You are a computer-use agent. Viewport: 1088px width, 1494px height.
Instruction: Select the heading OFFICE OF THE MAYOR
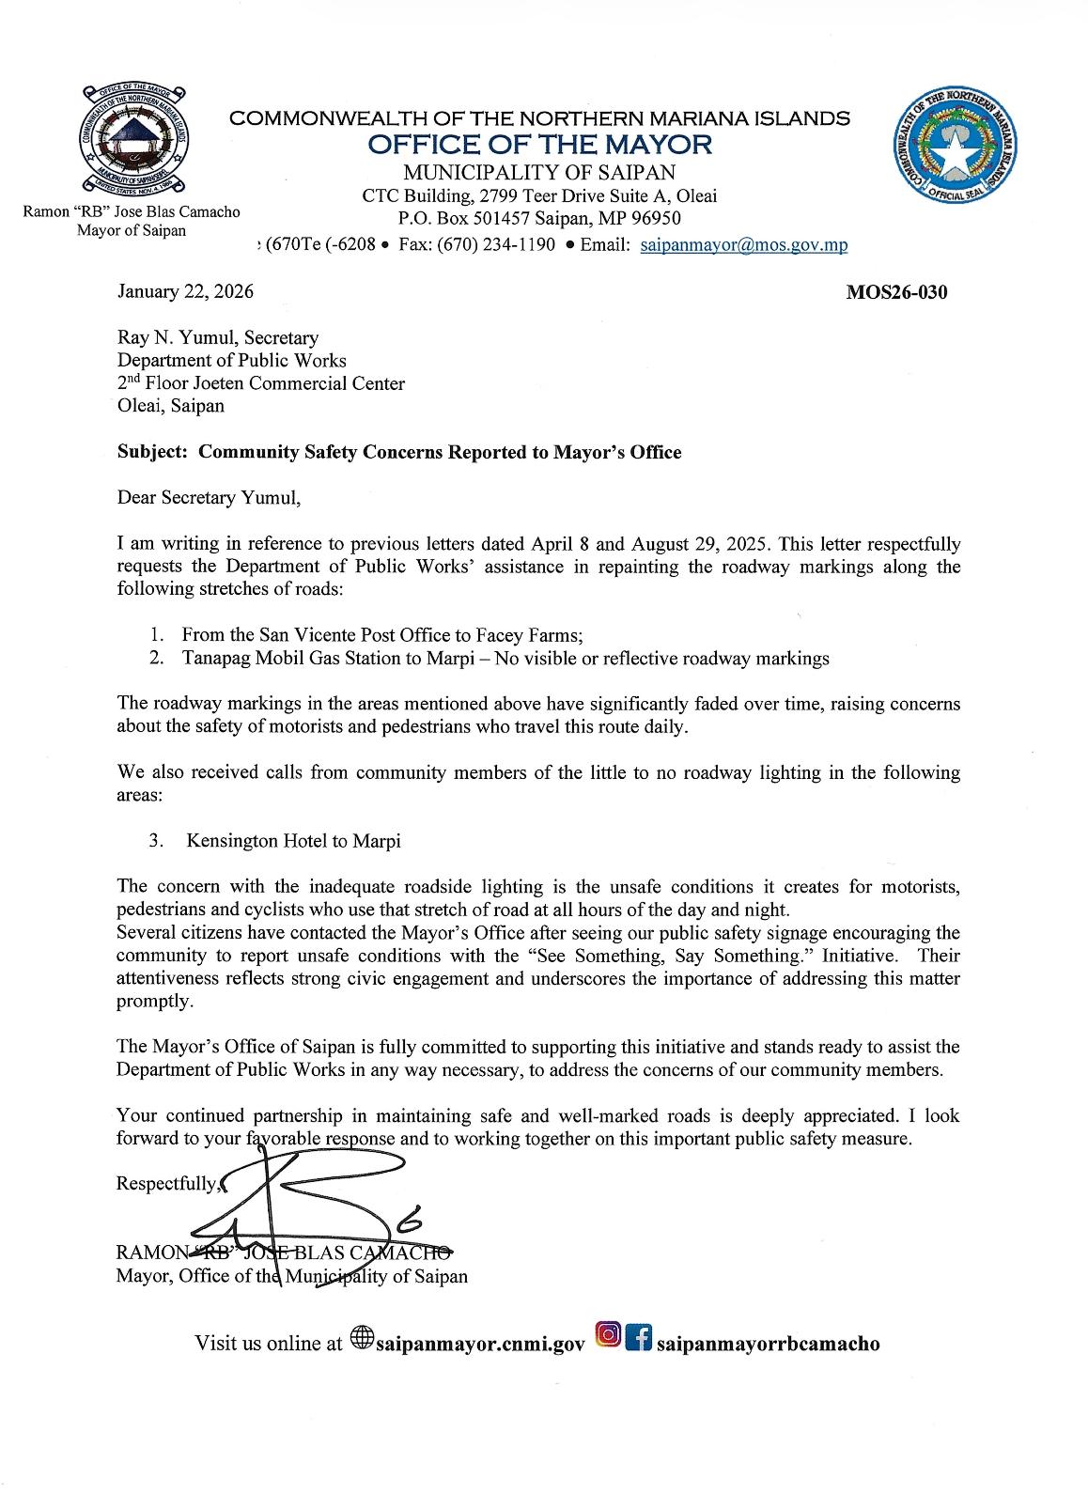click(x=540, y=145)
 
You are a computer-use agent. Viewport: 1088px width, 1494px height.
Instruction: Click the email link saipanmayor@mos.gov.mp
click(x=743, y=246)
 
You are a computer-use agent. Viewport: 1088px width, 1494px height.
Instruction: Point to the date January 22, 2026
click(x=185, y=292)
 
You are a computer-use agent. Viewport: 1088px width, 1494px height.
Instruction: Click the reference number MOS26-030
click(x=896, y=292)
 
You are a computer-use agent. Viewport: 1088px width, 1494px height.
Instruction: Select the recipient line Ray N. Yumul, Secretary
click(x=217, y=338)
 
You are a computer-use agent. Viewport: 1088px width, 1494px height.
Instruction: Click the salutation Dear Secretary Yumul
click(x=209, y=498)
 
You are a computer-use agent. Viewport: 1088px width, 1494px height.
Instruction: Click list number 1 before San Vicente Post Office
click(x=158, y=635)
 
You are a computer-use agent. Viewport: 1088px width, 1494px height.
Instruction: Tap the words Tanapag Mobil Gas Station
click(x=292, y=659)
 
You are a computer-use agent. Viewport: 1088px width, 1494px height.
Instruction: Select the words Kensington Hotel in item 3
click(x=252, y=841)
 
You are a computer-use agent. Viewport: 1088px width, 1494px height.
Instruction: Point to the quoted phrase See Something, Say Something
click(x=693, y=956)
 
